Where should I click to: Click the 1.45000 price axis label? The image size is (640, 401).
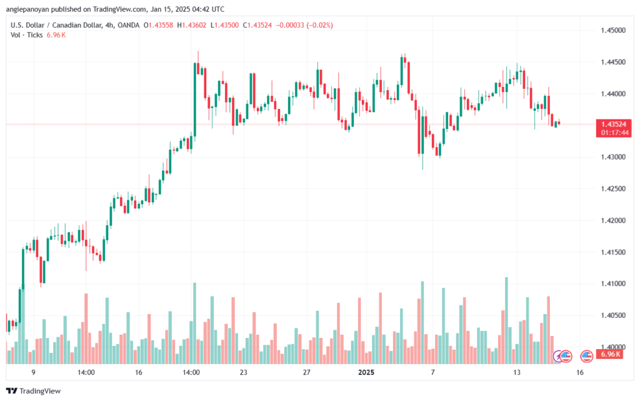(x=613, y=30)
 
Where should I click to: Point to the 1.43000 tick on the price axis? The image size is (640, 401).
(x=613, y=157)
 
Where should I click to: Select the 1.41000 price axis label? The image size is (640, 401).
(x=613, y=284)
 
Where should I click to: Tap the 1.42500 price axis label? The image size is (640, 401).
(x=613, y=189)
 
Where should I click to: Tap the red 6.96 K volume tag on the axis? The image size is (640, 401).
(x=610, y=354)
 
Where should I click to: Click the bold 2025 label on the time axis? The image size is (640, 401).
(x=366, y=372)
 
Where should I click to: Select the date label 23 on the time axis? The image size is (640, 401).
(x=244, y=372)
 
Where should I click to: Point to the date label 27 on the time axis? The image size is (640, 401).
(x=306, y=372)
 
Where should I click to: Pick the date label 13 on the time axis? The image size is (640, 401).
(x=517, y=372)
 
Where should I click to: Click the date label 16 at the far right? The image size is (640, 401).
(x=580, y=372)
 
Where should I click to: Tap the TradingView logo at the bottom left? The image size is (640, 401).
(x=34, y=391)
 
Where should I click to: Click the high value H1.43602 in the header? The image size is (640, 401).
(x=191, y=25)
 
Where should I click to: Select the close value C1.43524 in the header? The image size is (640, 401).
(x=257, y=25)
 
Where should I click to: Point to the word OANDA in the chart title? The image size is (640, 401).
(x=128, y=25)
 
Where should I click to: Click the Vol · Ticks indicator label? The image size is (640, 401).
(x=26, y=35)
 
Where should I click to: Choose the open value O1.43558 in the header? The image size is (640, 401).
(x=158, y=25)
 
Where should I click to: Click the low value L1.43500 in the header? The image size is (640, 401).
(x=224, y=25)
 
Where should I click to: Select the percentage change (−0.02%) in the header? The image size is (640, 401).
(x=319, y=25)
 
